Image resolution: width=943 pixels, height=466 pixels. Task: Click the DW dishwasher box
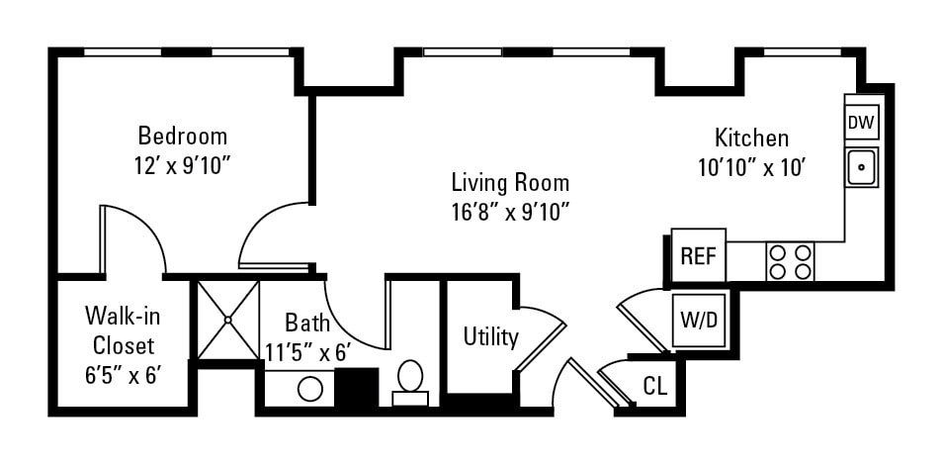pos(861,123)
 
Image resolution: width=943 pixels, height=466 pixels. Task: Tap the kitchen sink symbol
pos(861,167)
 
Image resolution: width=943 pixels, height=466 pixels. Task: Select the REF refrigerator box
pos(698,256)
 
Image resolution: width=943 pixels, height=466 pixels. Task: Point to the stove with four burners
pos(790,261)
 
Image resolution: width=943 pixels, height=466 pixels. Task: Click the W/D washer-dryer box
pos(700,320)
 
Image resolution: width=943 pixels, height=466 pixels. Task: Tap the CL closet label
pos(653,386)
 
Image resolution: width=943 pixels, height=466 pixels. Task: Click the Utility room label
pos(491,337)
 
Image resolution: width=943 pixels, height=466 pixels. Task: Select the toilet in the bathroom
pos(410,382)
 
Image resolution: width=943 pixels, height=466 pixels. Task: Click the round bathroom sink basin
pos(310,388)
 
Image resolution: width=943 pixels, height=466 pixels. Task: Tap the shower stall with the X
pos(227,319)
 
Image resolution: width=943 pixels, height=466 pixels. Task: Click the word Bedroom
pos(182,136)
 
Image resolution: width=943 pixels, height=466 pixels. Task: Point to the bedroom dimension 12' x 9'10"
pos(182,165)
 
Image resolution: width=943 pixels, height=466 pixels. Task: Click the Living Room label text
pos(510,182)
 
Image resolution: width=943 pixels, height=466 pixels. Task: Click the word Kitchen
pos(752,138)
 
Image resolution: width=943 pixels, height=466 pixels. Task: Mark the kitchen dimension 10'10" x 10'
pos(753,167)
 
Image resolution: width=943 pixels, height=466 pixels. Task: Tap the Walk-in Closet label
pos(123,330)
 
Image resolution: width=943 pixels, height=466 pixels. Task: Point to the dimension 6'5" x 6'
pos(123,375)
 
